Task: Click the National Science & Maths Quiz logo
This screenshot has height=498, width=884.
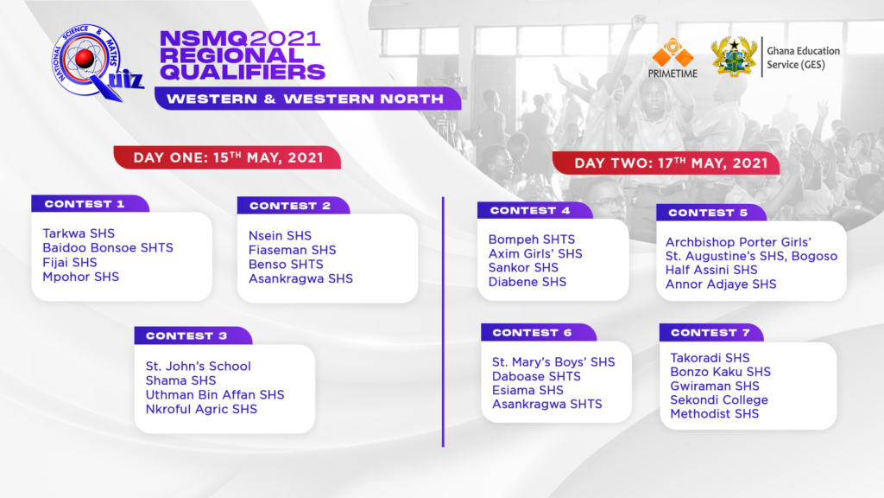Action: [x=96, y=62]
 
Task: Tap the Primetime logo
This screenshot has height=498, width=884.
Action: [x=672, y=58]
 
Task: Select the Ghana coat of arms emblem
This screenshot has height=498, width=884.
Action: [x=734, y=56]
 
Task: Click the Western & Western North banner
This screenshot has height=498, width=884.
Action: [x=308, y=99]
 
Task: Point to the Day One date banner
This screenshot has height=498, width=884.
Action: [x=227, y=157]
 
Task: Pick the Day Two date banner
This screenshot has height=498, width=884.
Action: [x=666, y=163]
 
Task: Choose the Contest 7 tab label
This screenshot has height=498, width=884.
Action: [x=711, y=333]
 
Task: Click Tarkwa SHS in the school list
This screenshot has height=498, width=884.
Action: [x=79, y=233]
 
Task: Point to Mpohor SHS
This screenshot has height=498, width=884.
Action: [x=80, y=277]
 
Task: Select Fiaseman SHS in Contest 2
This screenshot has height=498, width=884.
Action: [x=292, y=250]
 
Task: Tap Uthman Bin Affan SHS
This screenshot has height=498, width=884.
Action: [x=215, y=394]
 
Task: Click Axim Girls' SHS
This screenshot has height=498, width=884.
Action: [x=535, y=253]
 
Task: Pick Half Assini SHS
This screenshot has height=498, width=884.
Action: [x=711, y=270]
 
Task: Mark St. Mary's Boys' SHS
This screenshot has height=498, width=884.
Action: [x=553, y=362]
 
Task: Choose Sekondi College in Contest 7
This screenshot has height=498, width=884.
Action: [x=719, y=399]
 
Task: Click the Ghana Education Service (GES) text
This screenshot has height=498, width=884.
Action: [x=803, y=58]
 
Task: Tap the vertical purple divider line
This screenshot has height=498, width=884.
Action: [x=443, y=322]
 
